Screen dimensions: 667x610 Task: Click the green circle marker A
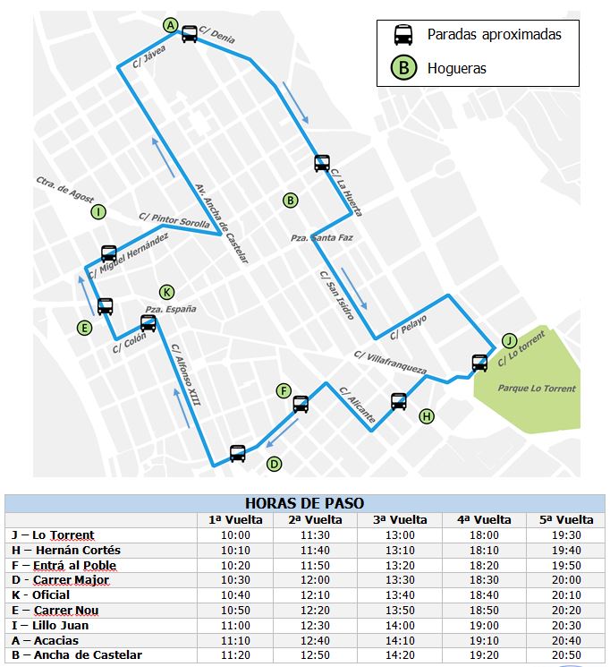(x=172, y=24)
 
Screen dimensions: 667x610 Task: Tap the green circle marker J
(x=509, y=340)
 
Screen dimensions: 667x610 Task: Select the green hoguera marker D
(x=275, y=463)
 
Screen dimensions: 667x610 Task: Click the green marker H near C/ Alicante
(x=427, y=415)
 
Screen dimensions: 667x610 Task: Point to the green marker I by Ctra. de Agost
(x=98, y=212)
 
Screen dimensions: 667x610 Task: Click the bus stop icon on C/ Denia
(x=190, y=34)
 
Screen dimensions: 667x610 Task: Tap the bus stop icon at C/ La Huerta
(x=322, y=163)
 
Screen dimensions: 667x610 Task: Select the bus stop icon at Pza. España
(x=148, y=323)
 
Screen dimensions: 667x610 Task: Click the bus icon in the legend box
(x=404, y=35)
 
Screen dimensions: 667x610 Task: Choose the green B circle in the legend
(x=404, y=67)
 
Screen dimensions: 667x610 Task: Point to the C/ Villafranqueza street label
(x=390, y=362)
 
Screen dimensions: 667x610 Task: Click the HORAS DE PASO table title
(x=304, y=503)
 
